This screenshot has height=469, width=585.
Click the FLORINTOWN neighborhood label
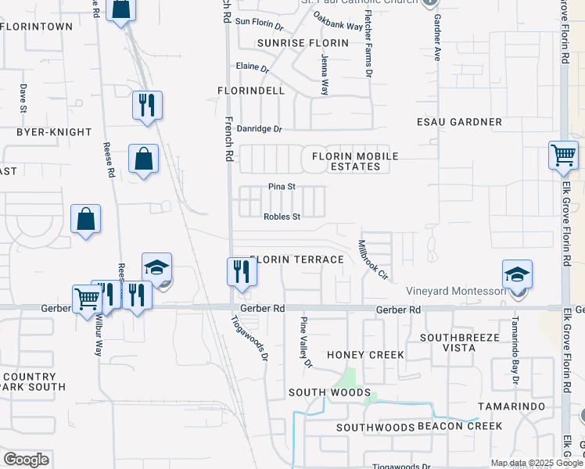(37, 27)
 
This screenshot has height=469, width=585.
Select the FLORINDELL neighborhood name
(251, 91)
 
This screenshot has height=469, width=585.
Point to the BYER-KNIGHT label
(54, 132)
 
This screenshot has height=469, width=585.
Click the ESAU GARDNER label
(459, 122)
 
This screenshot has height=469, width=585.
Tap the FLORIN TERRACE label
(298, 260)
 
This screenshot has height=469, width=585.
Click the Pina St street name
(282, 187)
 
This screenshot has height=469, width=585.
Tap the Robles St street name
(282, 217)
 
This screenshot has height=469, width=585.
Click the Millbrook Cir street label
(373, 260)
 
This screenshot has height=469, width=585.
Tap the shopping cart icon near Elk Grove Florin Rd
(563, 156)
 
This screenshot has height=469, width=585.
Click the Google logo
(26, 460)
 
